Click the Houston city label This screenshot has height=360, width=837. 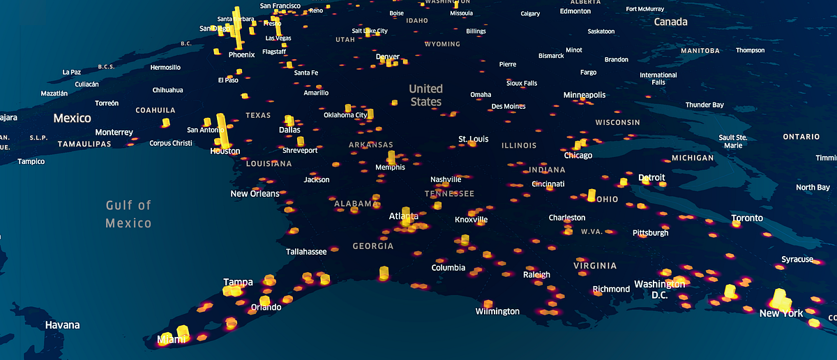(x=225, y=151)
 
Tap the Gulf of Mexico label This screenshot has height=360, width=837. (x=128, y=214)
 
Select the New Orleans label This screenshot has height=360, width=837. (x=255, y=193)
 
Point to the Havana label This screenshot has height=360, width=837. (x=62, y=325)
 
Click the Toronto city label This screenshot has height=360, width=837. (x=747, y=218)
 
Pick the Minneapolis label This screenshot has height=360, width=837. (x=585, y=94)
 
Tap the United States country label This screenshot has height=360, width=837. (x=425, y=95)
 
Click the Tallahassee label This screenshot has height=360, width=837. (x=306, y=251)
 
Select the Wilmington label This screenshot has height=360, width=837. (x=497, y=311)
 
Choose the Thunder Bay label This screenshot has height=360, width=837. (x=704, y=105)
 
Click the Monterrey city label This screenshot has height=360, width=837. (x=114, y=132)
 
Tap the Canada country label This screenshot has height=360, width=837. (x=670, y=22)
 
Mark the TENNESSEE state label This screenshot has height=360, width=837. (x=449, y=193)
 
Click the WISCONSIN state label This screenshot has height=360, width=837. (x=617, y=122)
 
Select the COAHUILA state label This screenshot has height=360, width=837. (x=156, y=109)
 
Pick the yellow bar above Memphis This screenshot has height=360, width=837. (x=391, y=157)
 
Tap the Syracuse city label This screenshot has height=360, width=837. (x=797, y=260)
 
